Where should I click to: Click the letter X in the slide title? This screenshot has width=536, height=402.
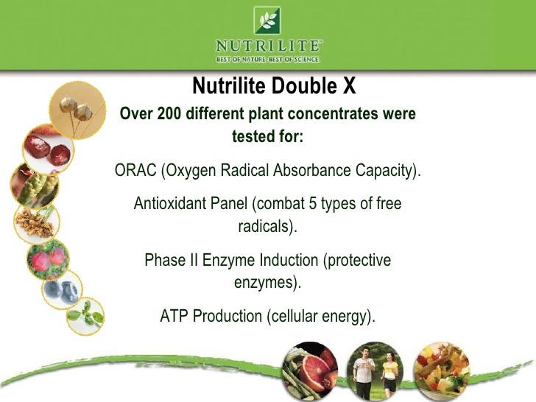[x=350, y=87]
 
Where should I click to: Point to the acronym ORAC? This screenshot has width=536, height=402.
[x=133, y=172]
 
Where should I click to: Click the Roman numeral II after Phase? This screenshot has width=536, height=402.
[x=188, y=260]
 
